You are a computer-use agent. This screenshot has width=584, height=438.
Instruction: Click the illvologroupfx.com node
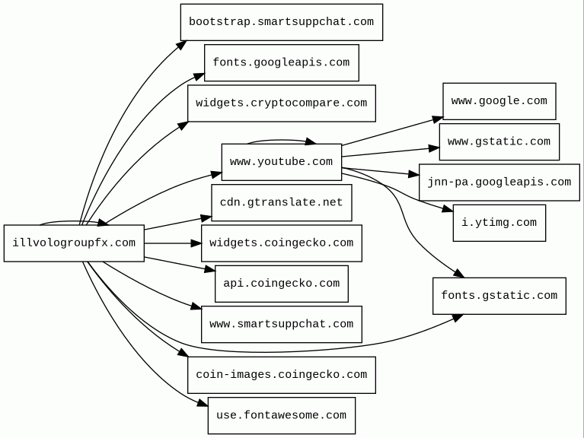click(74, 243)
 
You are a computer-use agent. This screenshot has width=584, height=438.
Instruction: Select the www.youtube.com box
click(282, 162)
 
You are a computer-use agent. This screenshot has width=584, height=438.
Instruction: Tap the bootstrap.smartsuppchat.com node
click(282, 22)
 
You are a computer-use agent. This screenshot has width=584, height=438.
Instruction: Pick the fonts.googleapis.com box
click(282, 63)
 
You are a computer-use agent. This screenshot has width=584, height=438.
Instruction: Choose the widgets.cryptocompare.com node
click(282, 103)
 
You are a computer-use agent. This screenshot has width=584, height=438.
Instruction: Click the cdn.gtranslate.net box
click(282, 202)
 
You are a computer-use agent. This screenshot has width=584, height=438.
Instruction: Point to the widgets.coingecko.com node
click(282, 243)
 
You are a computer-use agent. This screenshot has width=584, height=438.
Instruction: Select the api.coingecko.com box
click(282, 284)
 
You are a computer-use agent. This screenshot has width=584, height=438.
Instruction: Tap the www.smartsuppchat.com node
click(282, 324)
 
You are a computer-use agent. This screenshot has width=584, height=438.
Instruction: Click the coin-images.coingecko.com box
click(282, 375)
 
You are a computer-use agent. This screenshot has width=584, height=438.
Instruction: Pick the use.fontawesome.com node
click(282, 415)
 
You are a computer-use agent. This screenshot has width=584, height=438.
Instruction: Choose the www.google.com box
click(499, 101)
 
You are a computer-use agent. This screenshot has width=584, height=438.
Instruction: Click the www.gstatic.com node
click(499, 142)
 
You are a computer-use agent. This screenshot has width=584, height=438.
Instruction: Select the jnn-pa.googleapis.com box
click(499, 182)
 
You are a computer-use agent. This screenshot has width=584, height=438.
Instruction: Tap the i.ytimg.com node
click(499, 223)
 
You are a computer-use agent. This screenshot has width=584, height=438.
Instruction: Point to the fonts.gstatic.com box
click(499, 296)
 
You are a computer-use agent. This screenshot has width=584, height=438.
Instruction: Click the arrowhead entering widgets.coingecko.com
click(196, 243)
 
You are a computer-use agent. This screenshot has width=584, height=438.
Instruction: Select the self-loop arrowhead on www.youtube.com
click(311, 141)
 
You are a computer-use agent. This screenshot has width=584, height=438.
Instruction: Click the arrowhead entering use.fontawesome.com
click(203, 403)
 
